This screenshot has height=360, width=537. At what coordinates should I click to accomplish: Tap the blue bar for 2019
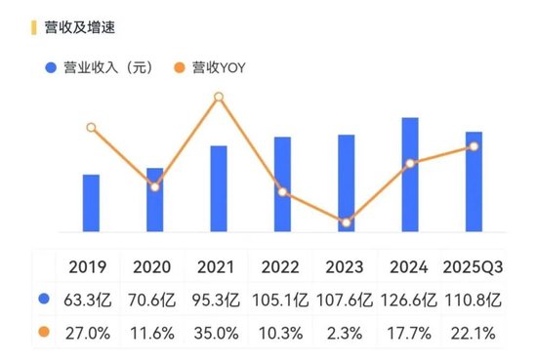coord(91,203)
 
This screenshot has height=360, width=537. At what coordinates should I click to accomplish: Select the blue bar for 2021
coord(219,188)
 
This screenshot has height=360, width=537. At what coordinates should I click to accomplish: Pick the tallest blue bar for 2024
coord(410,175)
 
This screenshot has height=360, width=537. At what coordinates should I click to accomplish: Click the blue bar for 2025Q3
coord(474,181)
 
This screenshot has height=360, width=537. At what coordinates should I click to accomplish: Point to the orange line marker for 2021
coord(219,97)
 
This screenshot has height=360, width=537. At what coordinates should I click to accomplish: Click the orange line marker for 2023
coord(347,222)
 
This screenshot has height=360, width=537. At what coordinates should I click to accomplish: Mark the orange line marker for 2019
coord(91,128)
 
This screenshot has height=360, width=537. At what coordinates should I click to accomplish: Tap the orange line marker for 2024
coord(410,163)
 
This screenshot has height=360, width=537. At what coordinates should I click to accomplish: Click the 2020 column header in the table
coord(150,267)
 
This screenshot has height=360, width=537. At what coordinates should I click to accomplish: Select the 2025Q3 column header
coord(473,267)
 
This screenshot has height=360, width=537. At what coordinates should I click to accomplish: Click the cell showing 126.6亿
coord(409,300)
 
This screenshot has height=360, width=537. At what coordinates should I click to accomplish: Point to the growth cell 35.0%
coord(216,333)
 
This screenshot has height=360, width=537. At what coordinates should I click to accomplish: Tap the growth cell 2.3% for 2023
coord(344,333)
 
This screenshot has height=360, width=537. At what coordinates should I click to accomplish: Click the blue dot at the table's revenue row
coord(43,300)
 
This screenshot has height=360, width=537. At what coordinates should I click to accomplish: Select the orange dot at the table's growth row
coord(43,333)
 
